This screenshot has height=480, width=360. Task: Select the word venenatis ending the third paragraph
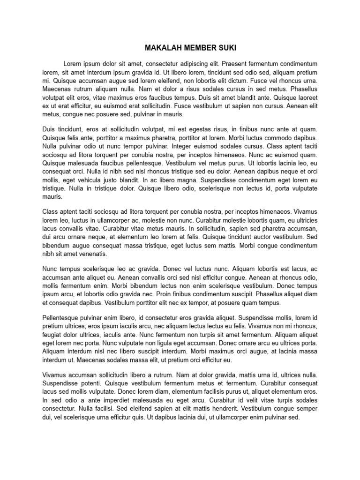[91, 254]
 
